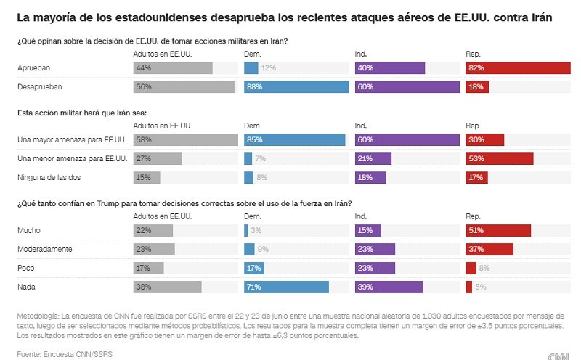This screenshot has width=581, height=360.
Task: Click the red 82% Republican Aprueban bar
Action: click(518, 68)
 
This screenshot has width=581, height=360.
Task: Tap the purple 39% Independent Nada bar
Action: click(389, 287)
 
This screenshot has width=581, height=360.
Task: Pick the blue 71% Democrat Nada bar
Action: click(286, 287)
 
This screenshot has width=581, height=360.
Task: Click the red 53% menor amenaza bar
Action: click(500, 159)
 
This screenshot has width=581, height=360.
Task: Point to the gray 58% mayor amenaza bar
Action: click(186, 140)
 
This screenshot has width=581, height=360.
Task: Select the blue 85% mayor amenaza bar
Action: click(294, 140)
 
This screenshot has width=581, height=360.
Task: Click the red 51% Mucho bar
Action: click(498, 231)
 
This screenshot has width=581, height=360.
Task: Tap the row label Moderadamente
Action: click(44, 250)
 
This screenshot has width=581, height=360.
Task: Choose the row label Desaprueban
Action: click(39, 87)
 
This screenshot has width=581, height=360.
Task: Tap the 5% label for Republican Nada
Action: click(480, 287)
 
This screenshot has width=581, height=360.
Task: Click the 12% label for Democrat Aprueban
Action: click(269, 68)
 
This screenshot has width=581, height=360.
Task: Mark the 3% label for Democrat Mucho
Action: click(256, 231)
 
